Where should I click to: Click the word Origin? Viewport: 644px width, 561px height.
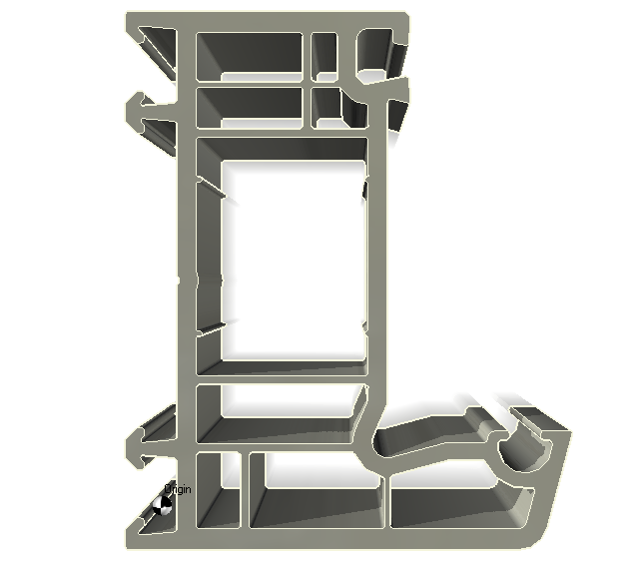(179, 489)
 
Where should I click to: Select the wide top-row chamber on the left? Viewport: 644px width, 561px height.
(250, 55)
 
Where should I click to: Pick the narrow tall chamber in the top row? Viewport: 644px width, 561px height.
(324, 55)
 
